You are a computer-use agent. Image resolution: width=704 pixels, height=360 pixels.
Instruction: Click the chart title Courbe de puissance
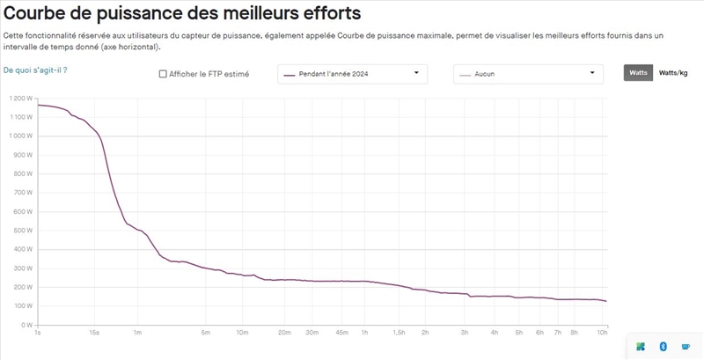click(182, 14)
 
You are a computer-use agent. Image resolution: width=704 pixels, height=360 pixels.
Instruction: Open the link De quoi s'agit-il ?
click(35, 69)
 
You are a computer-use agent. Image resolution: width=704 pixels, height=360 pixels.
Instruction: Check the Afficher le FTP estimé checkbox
click(163, 74)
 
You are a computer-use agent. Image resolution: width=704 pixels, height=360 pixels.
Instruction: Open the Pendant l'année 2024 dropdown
click(353, 74)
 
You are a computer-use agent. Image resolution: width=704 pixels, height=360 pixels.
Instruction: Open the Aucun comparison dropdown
click(528, 74)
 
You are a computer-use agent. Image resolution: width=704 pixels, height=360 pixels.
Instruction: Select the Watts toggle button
click(638, 73)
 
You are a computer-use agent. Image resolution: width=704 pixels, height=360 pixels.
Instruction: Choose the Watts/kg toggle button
click(673, 73)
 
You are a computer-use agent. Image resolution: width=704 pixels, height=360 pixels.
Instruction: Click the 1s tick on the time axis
click(37, 333)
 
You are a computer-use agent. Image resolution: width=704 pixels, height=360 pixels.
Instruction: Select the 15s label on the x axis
click(94, 333)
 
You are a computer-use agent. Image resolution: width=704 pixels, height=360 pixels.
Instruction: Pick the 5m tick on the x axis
click(205, 333)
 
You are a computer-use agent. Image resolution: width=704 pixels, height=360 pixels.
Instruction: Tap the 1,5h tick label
click(399, 333)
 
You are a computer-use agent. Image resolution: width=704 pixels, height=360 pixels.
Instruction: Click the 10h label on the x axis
click(602, 333)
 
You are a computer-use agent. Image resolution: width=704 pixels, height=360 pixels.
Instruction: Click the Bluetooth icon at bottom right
click(663, 347)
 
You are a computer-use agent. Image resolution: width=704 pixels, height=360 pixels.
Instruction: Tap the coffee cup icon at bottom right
click(686, 347)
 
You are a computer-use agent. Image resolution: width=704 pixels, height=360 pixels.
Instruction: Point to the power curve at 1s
click(38, 105)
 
